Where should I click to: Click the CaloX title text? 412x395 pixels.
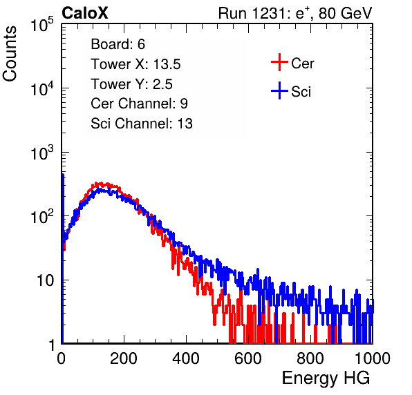click(85, 13)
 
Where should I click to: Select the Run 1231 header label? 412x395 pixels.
click(295, 13)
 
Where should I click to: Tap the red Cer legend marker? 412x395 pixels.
click(279, 62)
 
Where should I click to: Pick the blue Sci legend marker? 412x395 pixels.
click(279, 90)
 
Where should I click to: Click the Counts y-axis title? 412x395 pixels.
click(10, 54)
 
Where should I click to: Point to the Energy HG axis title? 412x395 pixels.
click(326, 378)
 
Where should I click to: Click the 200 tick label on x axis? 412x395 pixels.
click(124, 358)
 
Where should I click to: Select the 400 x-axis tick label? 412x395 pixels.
click(186, 358)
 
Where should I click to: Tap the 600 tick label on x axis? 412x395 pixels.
click(248, 358)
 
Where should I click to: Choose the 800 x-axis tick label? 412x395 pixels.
click(310, 358)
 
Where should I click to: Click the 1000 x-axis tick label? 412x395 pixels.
click(373, 358)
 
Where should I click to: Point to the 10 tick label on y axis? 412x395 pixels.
click(46, 280)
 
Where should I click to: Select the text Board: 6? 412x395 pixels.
click(118, 44)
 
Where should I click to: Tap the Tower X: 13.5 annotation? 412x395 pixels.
click(135, 64)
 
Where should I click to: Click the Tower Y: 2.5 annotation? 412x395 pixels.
click(131, 84)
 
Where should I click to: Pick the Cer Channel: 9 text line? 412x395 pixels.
click(139, 104)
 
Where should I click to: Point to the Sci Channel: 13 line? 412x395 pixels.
click(142, 124)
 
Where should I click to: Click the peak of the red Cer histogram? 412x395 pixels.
click(100, 183)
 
